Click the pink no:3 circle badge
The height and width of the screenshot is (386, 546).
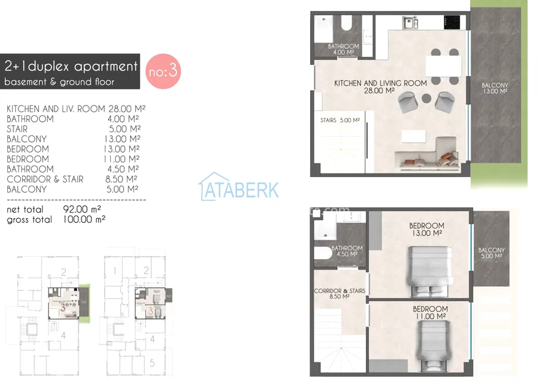coord(163,71)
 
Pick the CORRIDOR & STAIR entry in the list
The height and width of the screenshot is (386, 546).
coord(45,180)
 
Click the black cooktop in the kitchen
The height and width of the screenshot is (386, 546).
coord(452,22)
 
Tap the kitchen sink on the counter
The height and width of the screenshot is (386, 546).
coord(411,23)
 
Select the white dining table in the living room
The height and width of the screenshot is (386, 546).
coord(444,67)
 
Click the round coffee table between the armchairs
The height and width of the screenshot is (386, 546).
coord(427,98)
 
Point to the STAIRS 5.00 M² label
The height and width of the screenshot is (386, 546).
coord(340,120)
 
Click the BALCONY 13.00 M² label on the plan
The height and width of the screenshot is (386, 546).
coord(495,88)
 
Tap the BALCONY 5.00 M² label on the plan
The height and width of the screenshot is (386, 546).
coord(491,253)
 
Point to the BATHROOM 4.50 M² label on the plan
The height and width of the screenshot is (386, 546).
coord(347,251)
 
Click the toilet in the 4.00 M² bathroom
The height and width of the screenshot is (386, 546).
coord(347,23)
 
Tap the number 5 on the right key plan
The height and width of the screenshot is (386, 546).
coord(152,363)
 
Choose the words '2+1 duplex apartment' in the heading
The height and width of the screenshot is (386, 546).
coord(71,66)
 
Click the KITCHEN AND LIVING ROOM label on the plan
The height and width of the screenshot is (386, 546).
coord(381,83)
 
